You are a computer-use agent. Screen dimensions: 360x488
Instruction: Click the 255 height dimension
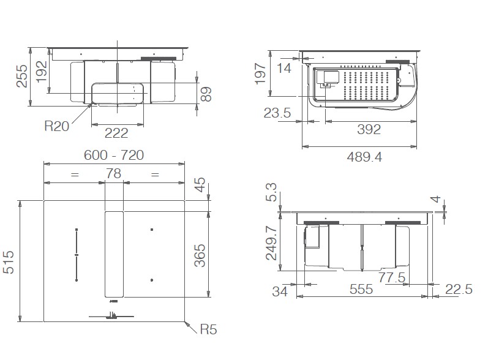22,77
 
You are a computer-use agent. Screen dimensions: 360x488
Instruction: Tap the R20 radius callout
57,126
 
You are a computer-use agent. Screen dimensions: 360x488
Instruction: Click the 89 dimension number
207,94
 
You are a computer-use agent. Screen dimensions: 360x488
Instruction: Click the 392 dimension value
368,130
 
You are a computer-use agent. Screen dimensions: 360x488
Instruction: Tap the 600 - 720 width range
114,156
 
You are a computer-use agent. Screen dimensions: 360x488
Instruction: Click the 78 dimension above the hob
114,174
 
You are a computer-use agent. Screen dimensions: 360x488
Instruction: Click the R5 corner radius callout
208,330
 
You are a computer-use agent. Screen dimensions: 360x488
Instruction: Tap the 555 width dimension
361,290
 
